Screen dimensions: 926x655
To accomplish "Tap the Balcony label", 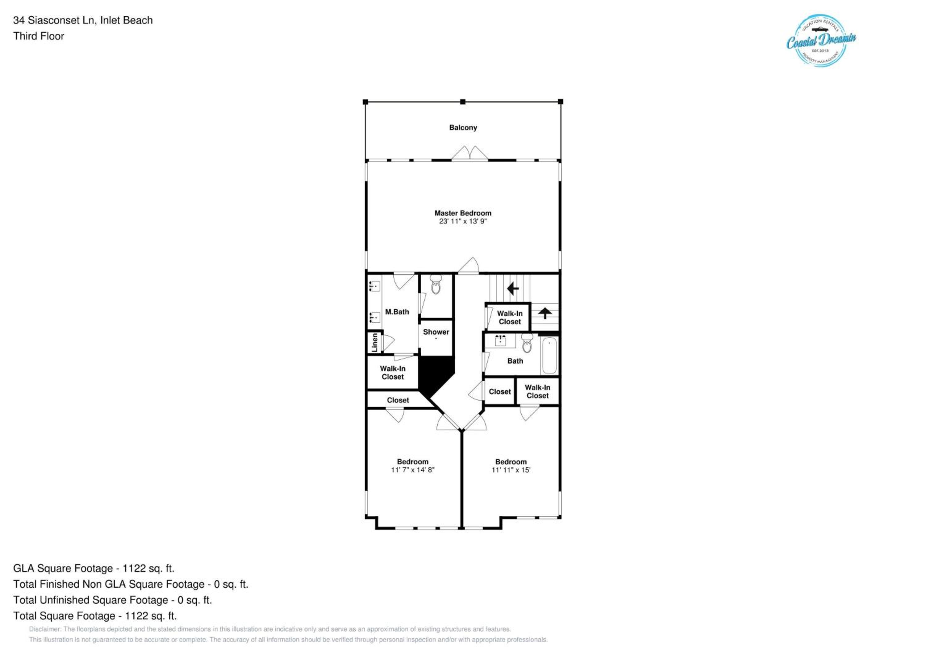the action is coord(463,127).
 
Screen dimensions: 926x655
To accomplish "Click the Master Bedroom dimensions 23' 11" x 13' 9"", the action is coord(463,221).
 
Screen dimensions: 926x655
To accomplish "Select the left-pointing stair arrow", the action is coord(513,288).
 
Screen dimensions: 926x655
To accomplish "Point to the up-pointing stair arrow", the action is coord(545,313).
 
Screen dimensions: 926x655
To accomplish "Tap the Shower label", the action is coord(436,332).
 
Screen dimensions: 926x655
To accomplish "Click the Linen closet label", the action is coord(375,342).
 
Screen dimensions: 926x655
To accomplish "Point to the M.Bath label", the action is coord(397,312).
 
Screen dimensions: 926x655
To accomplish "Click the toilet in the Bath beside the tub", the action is coord(527,343).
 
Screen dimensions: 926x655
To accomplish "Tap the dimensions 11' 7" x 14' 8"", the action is coord(413,470).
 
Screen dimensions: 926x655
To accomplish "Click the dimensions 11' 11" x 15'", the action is coord(511,470).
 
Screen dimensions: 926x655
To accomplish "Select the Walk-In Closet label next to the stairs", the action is coord(510,317).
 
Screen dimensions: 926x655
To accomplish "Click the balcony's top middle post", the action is coord(463,102).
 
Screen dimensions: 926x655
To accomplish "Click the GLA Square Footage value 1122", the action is coord(134,568).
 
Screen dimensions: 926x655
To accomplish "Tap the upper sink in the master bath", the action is coord(375,286).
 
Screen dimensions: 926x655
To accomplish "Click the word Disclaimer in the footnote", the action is coord(45,629).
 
